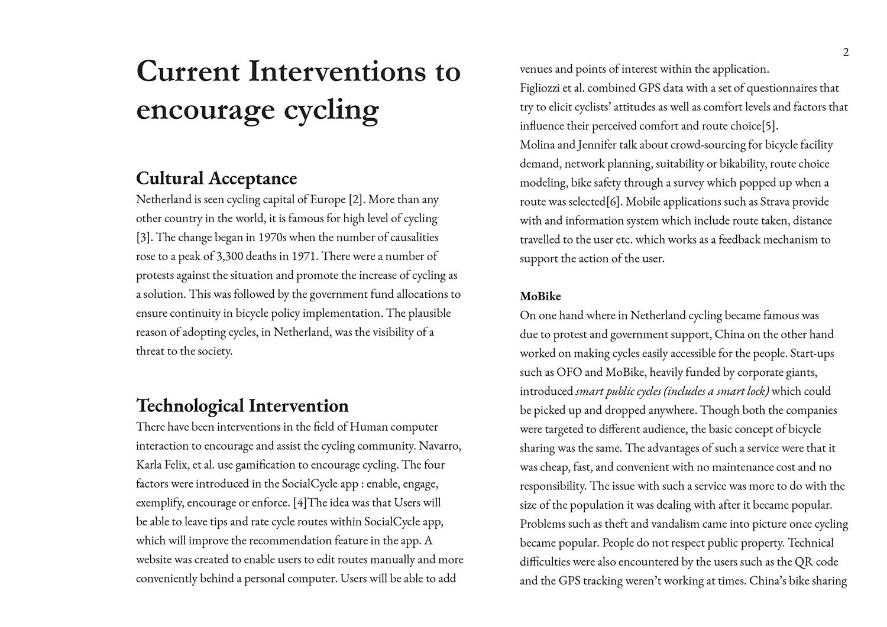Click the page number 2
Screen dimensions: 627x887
pyautogui.click(x=846, y=53)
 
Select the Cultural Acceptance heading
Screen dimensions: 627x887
pyautogui.click(x=216, y=178)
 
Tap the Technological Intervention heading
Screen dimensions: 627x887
pyautogui.click(x=242, y=405)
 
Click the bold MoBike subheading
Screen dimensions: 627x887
pyautogui.click(x=540, y=296)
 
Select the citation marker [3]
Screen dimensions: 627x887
pyautogui.click(x=144, y=238)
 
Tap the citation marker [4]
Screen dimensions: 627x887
pyautogui.click(x=300, y=503)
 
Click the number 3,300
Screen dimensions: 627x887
pyautogui.click(x=232, y=256)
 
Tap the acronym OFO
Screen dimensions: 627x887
pyautogui.click(x=569, y=372)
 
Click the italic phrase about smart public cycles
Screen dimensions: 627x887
pyautogui.click(x=672, y=391)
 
